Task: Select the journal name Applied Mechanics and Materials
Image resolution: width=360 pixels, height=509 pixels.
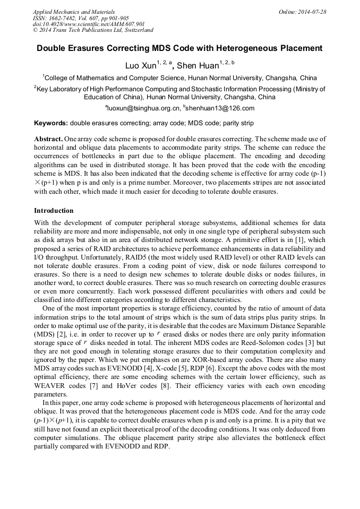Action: pyautogui.click(x=74, y=12)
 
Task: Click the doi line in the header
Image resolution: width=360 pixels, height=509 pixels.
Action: pyautogui.click(x=81, y=24)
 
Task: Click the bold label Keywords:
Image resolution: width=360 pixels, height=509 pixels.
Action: pyautogui.click(x=51, y=123)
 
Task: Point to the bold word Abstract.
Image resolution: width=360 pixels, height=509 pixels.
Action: pyautogui.click(x=48, y=139)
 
